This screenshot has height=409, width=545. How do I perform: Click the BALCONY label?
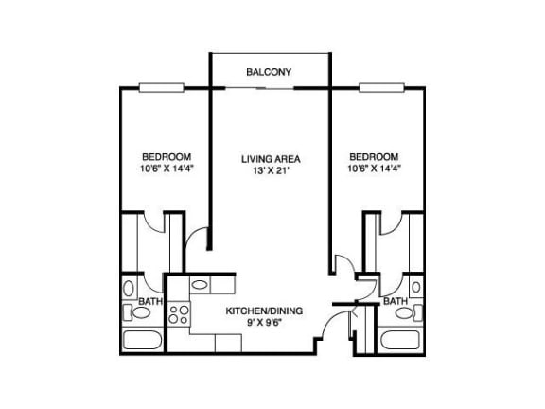point(269,72)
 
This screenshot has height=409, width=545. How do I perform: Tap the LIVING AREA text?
point(271,159)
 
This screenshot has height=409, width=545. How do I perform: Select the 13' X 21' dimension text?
point(271,170)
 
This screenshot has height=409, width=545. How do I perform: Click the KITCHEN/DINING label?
point(264,311)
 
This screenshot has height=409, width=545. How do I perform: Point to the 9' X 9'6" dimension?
point(264,323)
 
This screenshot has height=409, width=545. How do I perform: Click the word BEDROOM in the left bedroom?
point(167,157)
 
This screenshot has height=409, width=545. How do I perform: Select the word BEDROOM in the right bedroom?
point(374,157)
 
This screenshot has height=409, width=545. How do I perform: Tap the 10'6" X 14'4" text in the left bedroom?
point(167,169)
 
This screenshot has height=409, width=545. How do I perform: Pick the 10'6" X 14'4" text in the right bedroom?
point(375,169)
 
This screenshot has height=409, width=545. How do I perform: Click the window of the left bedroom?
point(162,88)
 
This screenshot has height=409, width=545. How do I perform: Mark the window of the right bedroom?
point(381,88)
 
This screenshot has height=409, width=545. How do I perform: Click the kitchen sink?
point(200,285)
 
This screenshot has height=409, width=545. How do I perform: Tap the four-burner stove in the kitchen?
point(179,314)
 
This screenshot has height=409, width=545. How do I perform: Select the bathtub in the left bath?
point(143,341)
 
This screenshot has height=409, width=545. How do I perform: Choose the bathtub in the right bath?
point(400,341)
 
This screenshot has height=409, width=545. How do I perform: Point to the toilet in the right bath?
point(409,312)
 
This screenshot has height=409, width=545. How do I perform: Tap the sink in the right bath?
point(416,287)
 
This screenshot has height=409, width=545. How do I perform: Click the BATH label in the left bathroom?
point(150,301)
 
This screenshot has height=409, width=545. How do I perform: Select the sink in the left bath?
point(129,288)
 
